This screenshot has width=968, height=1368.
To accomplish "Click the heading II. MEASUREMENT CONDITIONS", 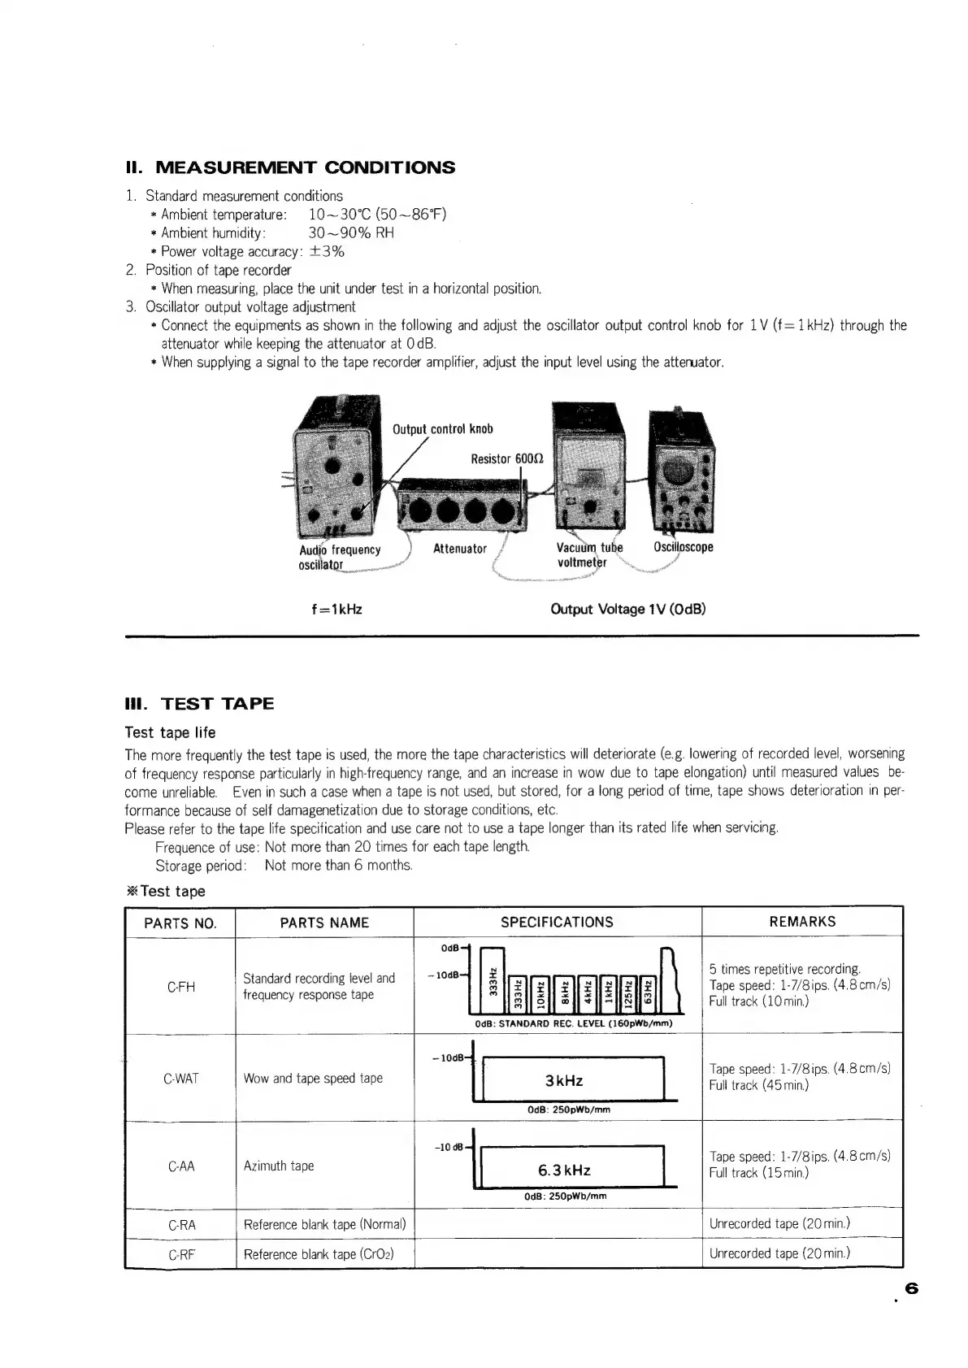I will (290, 168).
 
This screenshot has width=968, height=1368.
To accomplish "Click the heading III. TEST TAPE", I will (199, 704).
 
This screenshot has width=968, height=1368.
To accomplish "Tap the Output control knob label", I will (443, 429).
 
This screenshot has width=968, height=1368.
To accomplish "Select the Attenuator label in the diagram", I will (459, 549).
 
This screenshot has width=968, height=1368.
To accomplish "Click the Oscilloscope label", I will (683, 547).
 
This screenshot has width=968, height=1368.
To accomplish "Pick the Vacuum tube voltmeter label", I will (589, 554).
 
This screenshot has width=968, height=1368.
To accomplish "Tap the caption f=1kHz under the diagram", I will (336, 609).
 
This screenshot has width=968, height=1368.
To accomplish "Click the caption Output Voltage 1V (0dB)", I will (627, 609).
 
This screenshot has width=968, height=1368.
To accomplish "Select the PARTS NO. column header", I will (180, 923).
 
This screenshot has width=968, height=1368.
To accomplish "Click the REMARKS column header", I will (801, 922).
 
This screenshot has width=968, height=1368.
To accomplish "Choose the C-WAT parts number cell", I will (180, 1079).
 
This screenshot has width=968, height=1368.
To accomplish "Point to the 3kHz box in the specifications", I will (564, 1080).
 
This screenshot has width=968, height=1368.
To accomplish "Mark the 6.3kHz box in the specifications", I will (564, 1170).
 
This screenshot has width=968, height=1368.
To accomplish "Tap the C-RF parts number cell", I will (180, 1254).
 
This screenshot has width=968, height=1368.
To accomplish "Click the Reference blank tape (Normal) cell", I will (324, 1224).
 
